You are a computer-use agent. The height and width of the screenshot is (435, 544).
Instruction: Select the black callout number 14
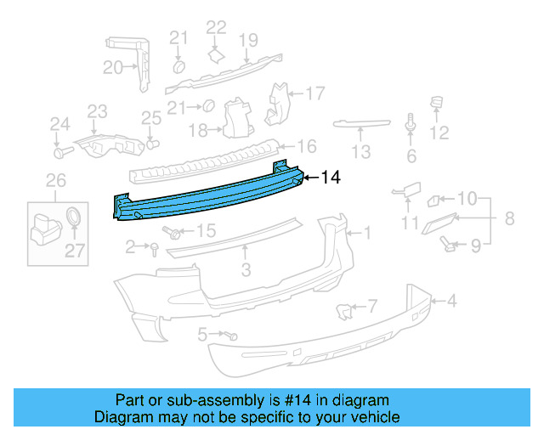330,178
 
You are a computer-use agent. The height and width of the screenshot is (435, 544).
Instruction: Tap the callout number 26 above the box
55,180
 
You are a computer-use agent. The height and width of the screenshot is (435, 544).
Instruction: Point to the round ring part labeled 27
75,215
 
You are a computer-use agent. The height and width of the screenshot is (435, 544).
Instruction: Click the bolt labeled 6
411,124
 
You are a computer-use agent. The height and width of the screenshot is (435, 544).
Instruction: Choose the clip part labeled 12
439,106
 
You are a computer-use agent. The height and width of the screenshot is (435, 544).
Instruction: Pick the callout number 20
113,68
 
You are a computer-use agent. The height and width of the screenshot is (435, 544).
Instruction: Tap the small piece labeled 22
216,54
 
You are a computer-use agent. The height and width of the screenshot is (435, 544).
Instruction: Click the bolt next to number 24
59,154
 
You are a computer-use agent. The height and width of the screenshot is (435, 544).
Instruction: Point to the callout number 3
246,271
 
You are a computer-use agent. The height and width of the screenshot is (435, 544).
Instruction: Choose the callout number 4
452,300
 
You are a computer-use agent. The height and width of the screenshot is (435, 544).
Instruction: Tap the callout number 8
509,219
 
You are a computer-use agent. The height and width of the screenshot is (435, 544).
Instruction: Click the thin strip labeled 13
361,124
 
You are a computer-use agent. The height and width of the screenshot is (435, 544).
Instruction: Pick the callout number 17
315,93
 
